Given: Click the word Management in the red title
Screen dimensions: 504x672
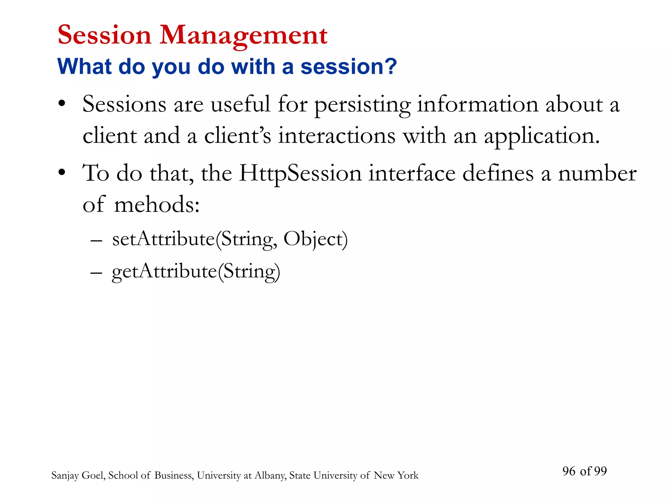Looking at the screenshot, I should tap(243, 35).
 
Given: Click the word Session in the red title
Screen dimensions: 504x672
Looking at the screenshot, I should tap(104, 35).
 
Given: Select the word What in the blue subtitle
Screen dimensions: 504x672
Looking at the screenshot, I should tap(85, 67).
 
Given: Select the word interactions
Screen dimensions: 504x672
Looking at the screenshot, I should tap(337, 136).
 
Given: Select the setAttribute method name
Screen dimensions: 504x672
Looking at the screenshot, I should tap(163, 239).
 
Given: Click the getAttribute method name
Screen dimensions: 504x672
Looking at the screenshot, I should tap(164, 272).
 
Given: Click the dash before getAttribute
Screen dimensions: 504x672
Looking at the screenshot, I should tap(96, 273).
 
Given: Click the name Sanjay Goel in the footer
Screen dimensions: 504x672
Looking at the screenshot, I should tap(78, 475).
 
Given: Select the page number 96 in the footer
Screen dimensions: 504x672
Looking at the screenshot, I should tap(569, 471).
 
